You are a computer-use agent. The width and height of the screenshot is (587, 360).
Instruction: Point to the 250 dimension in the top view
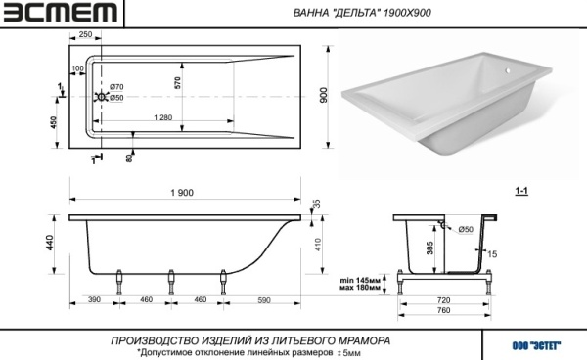[x=85, y=35]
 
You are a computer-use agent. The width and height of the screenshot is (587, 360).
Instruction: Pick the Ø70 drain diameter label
[x=115, y=88]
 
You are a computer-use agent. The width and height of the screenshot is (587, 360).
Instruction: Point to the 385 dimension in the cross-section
[x=430, y=249]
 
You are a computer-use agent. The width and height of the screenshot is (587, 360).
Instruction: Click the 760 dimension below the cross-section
[x=443, y=310]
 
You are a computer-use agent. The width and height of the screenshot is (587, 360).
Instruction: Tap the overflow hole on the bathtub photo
[x=507, y=71]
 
